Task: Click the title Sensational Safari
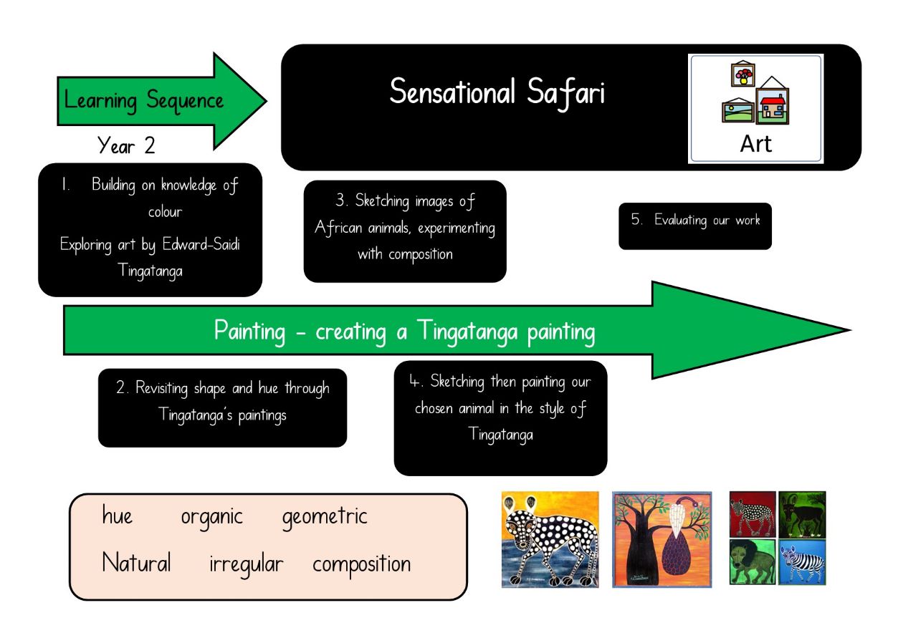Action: point(497,92)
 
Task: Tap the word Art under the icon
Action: point(756,144)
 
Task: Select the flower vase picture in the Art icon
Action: point(743,74)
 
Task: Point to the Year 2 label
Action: point(126,145)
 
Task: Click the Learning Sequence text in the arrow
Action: point(144,101)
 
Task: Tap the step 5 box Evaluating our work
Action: point(695,226)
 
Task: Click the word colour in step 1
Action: point(166,212)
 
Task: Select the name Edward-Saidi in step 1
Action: point(201,244)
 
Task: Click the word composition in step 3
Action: point(421,255)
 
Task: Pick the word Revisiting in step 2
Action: point(162,388)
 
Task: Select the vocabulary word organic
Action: point(211,518)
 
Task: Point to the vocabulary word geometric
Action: point(325,518)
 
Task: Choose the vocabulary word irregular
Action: point(246,565)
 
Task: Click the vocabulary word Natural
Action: point(136,562)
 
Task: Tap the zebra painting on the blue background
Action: point(802,562)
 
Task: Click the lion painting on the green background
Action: point(752,562)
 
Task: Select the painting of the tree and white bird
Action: point(662,540)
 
